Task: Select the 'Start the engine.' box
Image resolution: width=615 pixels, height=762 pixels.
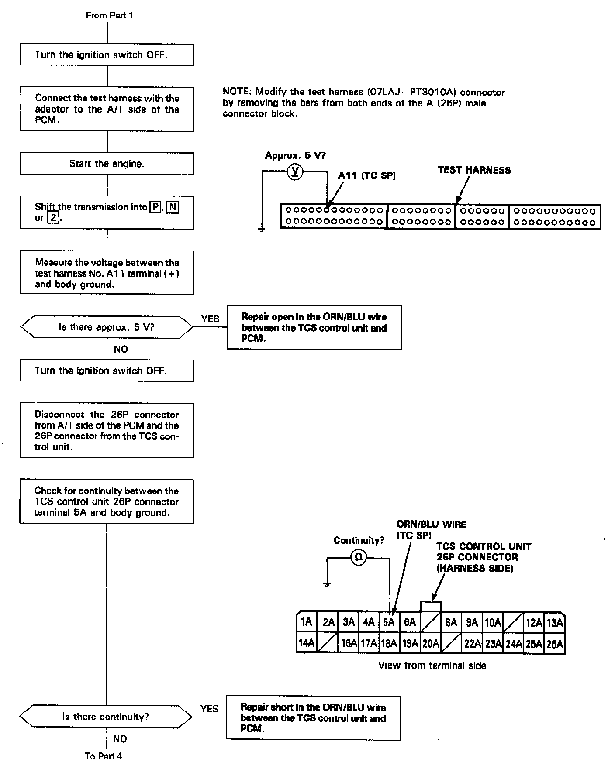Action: pos(107,164)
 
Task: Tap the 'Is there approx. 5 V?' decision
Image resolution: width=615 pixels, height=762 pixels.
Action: pos(107,327)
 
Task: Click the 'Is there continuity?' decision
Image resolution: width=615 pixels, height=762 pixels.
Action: pos(106,717)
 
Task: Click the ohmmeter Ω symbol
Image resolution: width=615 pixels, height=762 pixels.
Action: pos(358,558)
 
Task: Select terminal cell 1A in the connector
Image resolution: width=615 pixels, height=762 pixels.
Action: pos(307,622)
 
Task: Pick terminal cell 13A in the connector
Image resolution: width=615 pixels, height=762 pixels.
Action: pos(555,622)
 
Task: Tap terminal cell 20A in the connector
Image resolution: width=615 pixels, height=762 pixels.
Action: pos(430,643)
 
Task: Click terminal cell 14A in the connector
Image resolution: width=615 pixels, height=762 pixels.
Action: pos(307,643)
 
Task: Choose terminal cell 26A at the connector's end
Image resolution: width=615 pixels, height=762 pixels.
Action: pos(555,643)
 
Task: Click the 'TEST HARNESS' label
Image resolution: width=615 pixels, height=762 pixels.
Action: pos(474,170)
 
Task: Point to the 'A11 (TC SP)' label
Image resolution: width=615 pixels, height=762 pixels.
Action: pos(367,175)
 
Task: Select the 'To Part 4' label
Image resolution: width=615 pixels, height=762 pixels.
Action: pos(103,756)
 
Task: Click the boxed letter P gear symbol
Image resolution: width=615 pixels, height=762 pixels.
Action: pos(155,207)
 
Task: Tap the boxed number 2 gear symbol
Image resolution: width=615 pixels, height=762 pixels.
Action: pos(53,218)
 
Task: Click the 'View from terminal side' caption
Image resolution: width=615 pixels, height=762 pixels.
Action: pos(432,666)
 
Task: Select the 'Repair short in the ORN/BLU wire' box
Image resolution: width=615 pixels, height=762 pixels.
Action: pos(313,718)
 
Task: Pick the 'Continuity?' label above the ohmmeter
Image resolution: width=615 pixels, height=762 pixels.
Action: pos(359,540)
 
